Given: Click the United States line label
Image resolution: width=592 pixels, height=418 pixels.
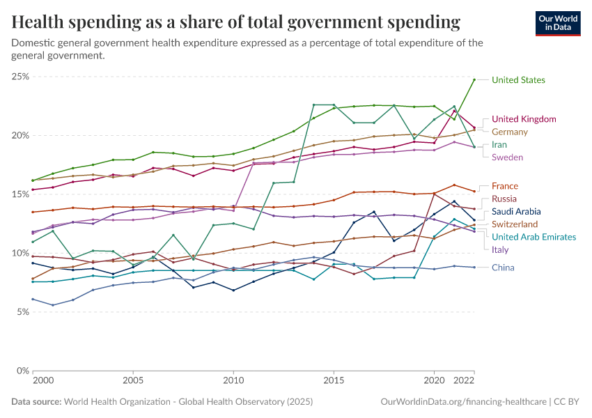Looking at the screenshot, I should pyautogui.click(x=518, y=80).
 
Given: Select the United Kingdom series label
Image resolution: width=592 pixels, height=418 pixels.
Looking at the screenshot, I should pyautogui.click(x=524, y=119).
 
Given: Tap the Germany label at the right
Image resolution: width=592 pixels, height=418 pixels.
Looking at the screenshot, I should pyautogui.click(x=510, y=132).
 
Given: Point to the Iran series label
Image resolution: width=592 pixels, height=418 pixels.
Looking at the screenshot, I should pyautogui.click(x=499, y=145).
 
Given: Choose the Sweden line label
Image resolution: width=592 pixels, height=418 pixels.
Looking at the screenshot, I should pyautogui.click(x=507, y=157).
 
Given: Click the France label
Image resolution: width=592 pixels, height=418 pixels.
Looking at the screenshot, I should pyautogui.click(x=505, y=186).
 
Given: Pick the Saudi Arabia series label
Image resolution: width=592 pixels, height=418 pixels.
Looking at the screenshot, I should pyautogui.click(x=516, y=212).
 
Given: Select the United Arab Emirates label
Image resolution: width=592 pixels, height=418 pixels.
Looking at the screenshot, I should pyautogui.click(x=533, y=238).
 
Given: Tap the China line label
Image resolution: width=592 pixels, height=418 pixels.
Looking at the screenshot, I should pyautogui.click(x=504, y=268).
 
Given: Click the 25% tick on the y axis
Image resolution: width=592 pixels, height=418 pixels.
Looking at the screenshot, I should pyautogui.click(x=20, y=76).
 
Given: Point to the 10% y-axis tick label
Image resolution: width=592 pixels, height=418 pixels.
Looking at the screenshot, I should pyautogui.click(x=20, y=253).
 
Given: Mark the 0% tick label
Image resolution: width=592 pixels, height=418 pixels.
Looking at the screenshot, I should pyautogui.click(x=22, y=371).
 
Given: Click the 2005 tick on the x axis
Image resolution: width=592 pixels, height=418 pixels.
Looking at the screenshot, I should pyautogui.click(x=133, y=382).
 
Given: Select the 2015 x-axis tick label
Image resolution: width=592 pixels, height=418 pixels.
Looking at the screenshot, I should pyautogui.click(x=334, y=382).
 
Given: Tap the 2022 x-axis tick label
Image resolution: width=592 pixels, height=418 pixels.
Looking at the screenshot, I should pyautogui.click(x=465, y=382).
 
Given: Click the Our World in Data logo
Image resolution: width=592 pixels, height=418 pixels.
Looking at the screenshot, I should pyautogui.click(x=558, y=23).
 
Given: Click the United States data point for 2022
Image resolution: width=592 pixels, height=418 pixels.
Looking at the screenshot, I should pyautogui.click(x=474, y=79).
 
